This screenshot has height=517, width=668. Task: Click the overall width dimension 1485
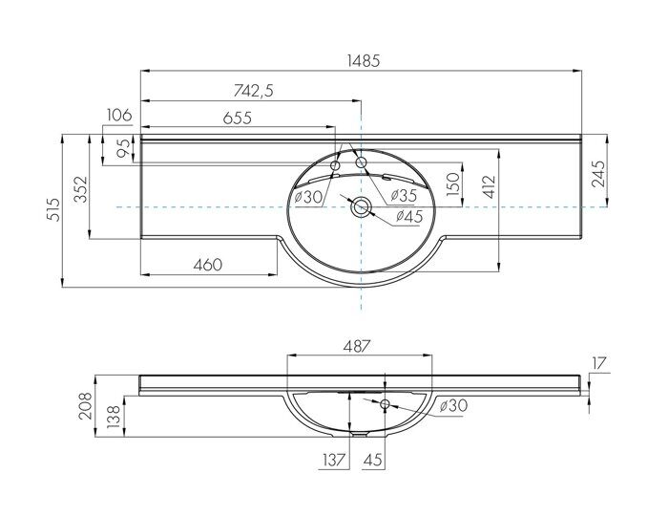(x=363, y=59)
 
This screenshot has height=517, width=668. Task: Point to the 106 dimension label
(x=119, y=116)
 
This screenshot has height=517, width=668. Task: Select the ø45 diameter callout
(x=408, y=217)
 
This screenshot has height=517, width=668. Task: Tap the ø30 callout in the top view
(x=307, y=197)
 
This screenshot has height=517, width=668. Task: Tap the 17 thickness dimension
(x=599, y=362)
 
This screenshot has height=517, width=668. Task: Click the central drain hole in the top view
(x=361, y=207)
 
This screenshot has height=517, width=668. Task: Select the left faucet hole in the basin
(x=335, y=167)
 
